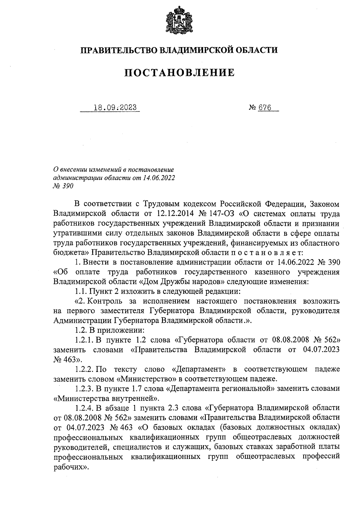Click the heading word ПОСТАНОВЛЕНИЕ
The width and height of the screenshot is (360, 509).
(x=179, y=73)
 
